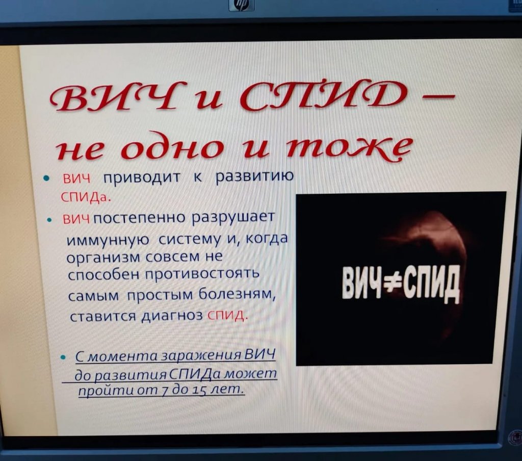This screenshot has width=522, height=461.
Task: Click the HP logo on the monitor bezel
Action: (242, 5)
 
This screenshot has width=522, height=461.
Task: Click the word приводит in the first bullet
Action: (142, 177)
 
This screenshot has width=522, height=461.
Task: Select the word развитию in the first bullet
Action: (255, 176)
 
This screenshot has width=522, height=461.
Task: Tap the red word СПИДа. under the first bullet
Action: (85, 197)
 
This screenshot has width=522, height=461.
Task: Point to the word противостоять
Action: (202, 274)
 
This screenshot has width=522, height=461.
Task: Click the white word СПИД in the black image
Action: (431, 285)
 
